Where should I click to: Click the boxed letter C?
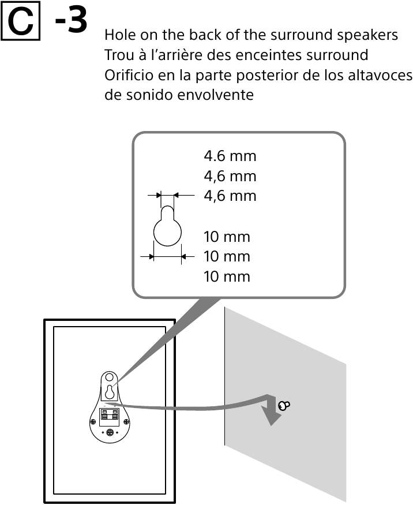pos(20,23)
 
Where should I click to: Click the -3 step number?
pos(72,21)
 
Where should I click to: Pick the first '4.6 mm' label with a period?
pos(230,156)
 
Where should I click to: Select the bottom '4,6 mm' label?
pos(230,196)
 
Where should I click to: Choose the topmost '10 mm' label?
pos(227,237)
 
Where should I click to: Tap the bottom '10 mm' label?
pos(227,276)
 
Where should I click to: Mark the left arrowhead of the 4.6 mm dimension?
pos(157,196)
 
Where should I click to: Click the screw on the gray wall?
pos(283,405)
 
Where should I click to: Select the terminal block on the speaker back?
pos(110,415)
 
